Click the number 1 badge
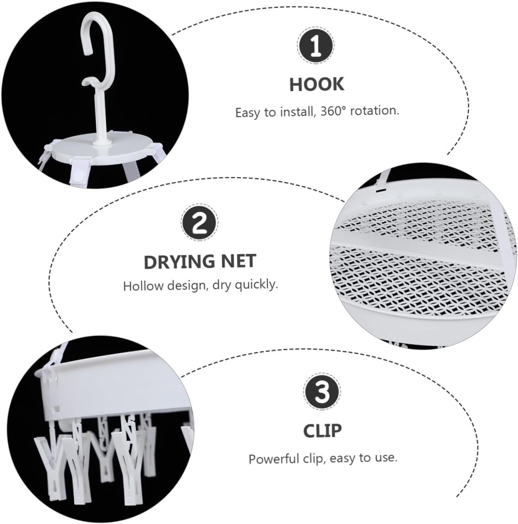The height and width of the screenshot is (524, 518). click(x=316, y=45)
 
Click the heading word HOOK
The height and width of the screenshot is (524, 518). click(x=316, y=84)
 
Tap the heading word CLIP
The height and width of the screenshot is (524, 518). click(x=322, y=431)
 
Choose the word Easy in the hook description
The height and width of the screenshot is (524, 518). click(x=248, y=112)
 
